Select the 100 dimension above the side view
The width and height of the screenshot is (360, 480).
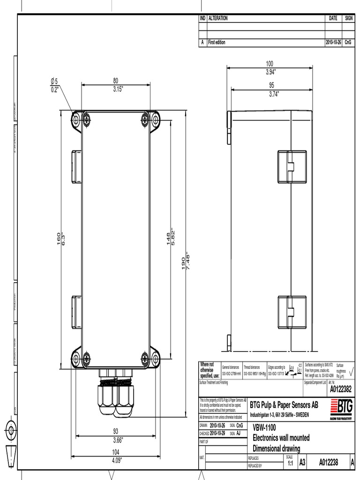[270, 63]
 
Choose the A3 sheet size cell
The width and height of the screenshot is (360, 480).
[302, 463]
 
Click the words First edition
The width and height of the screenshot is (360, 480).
[216, 42]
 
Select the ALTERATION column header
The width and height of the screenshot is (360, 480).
[218, 18]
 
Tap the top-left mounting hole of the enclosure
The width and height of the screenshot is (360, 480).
[76, 120]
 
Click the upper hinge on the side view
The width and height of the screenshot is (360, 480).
[292, 166]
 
